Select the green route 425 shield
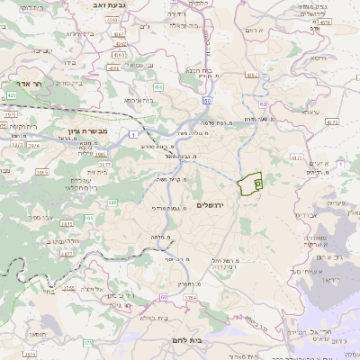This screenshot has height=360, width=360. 12,94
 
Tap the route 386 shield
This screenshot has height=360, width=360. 112,203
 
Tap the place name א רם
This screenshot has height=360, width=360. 257,30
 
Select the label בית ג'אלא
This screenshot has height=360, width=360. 139,317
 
